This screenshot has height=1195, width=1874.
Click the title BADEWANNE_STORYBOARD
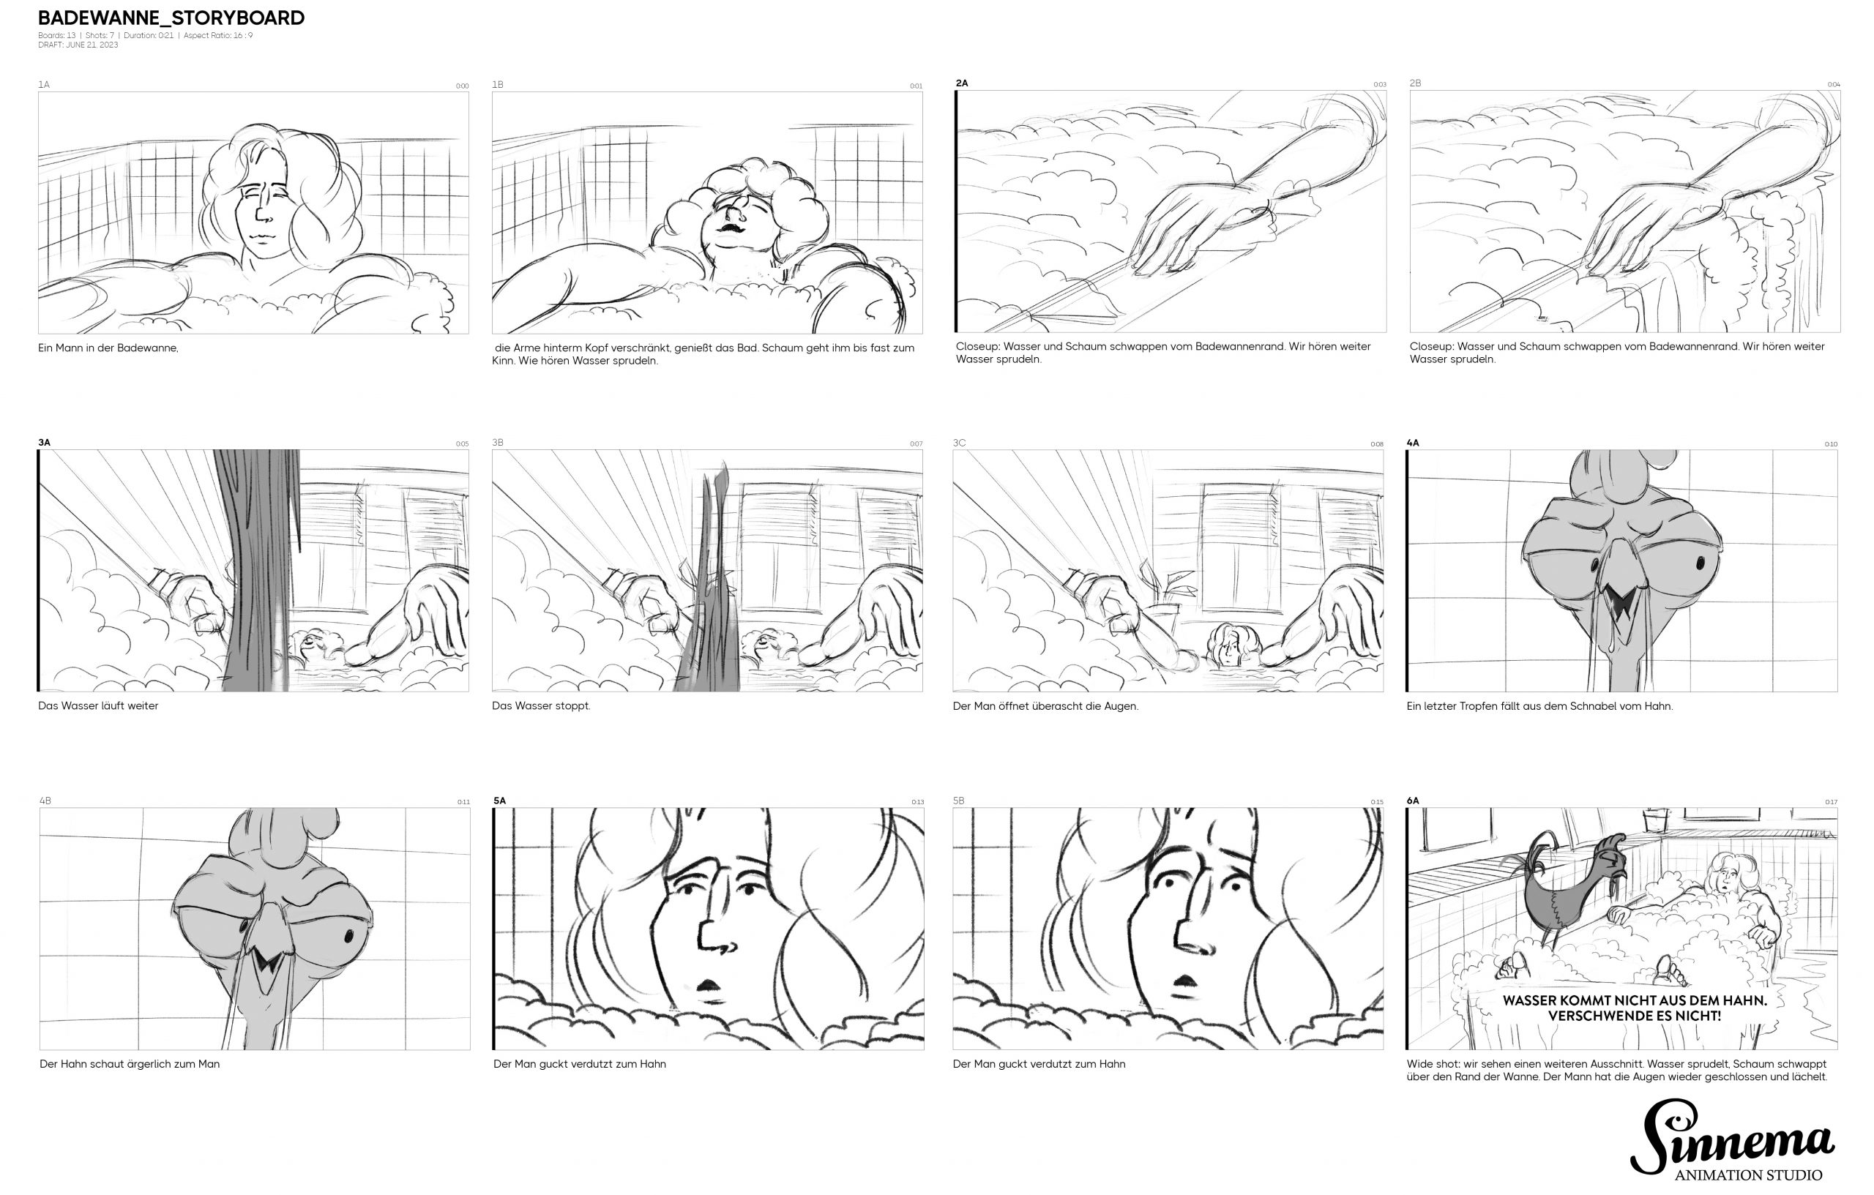coord(171,18)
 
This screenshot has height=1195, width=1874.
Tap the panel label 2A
coord(962,83)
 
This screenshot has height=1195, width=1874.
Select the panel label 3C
coord(959,443)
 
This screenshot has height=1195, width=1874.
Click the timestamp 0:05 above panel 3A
coord(462,444)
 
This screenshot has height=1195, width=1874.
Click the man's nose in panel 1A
coord(262,214)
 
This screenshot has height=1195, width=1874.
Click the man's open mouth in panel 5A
coord(709,985)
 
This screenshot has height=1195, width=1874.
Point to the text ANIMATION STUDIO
coord(1748,1175)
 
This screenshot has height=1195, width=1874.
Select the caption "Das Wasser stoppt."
coord(541,705)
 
